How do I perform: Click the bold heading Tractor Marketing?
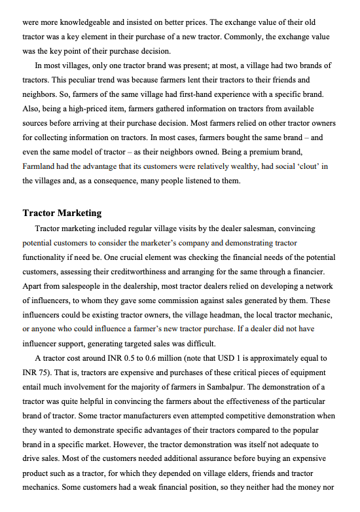[x=62, y=213]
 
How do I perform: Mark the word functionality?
[x=47, y=258]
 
